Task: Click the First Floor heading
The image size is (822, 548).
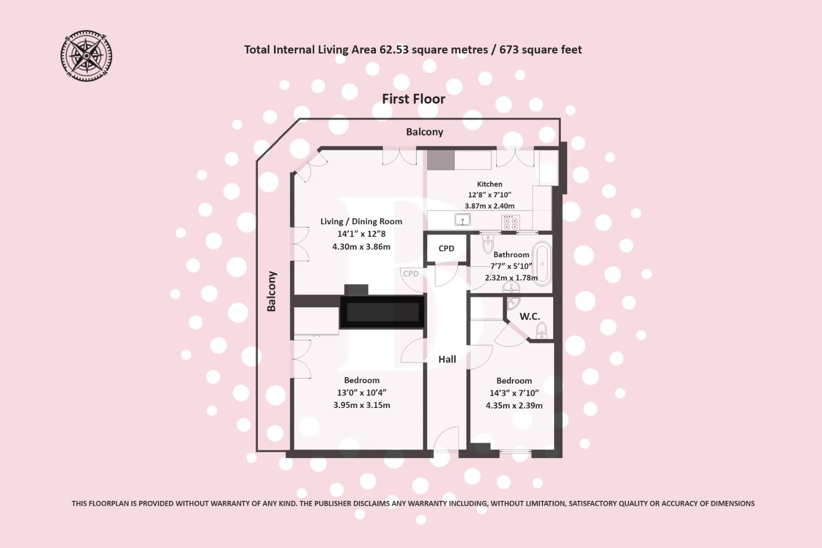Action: click(413, 99)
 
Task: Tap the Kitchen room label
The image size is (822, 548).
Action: click(489, 184)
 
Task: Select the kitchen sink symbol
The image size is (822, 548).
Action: click(462, 220)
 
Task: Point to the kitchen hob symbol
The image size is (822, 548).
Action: click(510, 222)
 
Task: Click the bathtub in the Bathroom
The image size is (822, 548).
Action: click(542, 264)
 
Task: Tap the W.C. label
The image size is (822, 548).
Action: click(529, 317)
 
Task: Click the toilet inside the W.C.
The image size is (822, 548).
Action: click(541, 330)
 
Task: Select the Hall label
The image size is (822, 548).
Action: click(447, 359)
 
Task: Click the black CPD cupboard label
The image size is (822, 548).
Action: click(446, 248)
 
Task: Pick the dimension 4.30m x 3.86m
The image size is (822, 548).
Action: click(361, 247)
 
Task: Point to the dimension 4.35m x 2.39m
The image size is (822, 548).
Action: click(513, 405)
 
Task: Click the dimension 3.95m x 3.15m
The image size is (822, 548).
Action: click(361, 405)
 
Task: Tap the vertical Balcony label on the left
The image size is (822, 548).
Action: click(271, 291)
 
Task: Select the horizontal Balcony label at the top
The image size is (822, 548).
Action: click(424, 132)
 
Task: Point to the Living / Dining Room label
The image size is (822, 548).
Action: click(361, 221)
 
